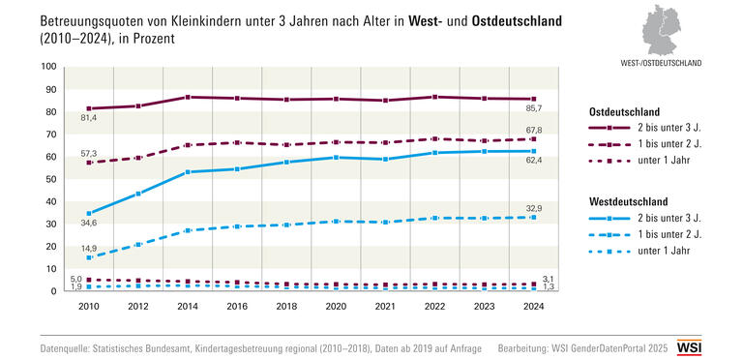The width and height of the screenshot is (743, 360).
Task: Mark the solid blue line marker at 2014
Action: (188, 171)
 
